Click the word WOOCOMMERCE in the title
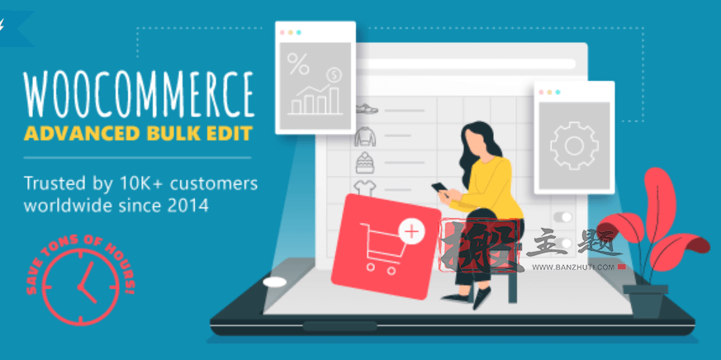138,92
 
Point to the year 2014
202,204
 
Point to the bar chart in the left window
315,99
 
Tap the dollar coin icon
334,75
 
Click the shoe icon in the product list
367,108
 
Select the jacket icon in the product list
365,135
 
